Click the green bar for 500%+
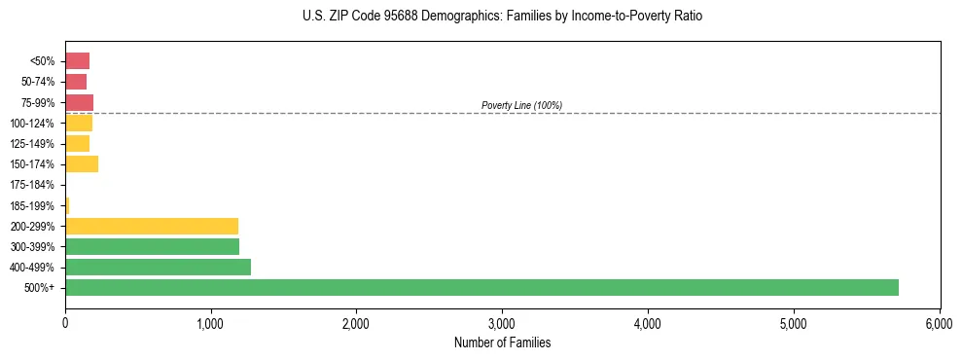click(x=481, y=287)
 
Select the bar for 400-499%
click(x=158, y=267)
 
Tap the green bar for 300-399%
click(x=152, y=246)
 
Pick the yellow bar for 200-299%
click(x=152, y=226)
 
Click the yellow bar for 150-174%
click(x=82, y=163)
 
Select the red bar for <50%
click(x=77, y=60)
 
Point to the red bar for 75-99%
click(x=79, y=102)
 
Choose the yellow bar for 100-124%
click(x=79, y=123)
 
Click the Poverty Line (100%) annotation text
click(x=521, y=105)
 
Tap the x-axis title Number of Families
click(x=502, y=342)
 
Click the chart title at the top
click(x=502, y=17)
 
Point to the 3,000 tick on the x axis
click(x=502, y=322)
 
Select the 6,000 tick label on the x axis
click(x=939, y=322)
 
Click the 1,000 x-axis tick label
click(x=211, y=322)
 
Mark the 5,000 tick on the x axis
click(x=793, y=322)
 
